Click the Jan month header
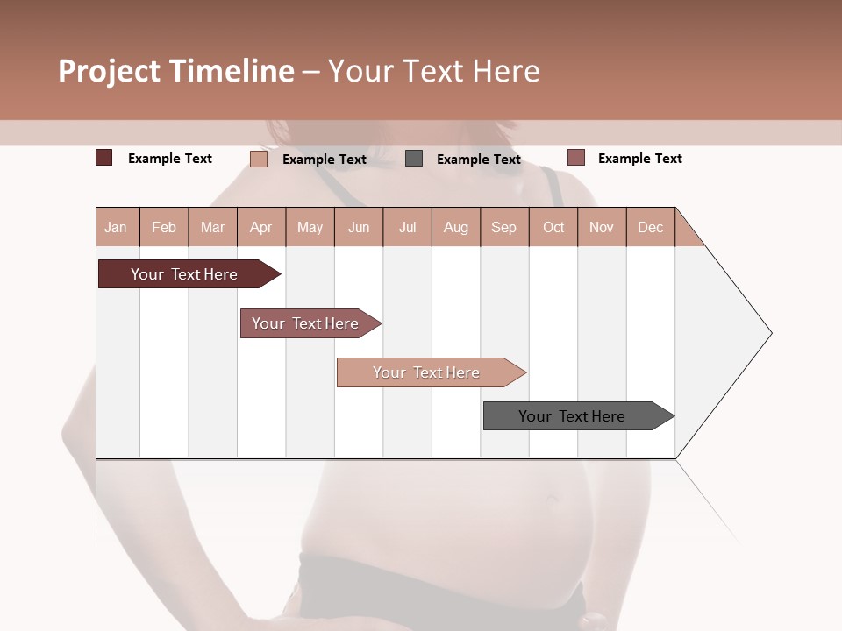pyautogui.click(x=117, y=227)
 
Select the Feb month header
pyautogui.click(x=164, y=227)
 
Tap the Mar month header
pyautogui.click(x=212, y=227)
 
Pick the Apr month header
pyautogui.click(x=261, y=227)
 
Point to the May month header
pyautogui.click(x=310, y=227)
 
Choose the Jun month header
pyautogui.click(x=359, y=227)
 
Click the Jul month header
pyautogui.click(x=407, y=227)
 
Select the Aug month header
pyautogui.click(x=456, y=227)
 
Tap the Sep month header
pyautogui.click(x=504, y=227)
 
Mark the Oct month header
pyautogui.click(x=553, y=227)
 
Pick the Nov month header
pyautogui.click(x=602, y=227)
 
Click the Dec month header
pyautogui.click(x=651, y=227)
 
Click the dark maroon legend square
pyautogui.click(x=104, y=158)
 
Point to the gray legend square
pyautogui.click(x=414, y=158)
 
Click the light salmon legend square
pyautogui.click(x=259, y=159)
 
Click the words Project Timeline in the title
pyautogui.click(x=176, y=71)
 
